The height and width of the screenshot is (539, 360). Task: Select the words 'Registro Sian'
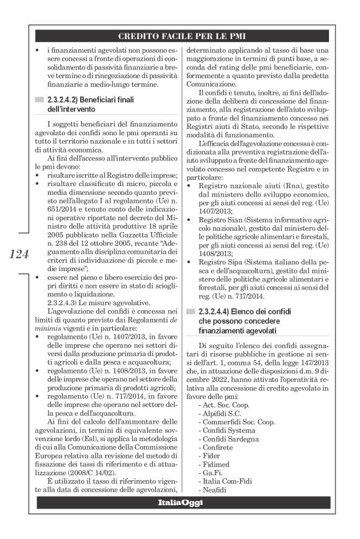[x=223, y=236]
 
